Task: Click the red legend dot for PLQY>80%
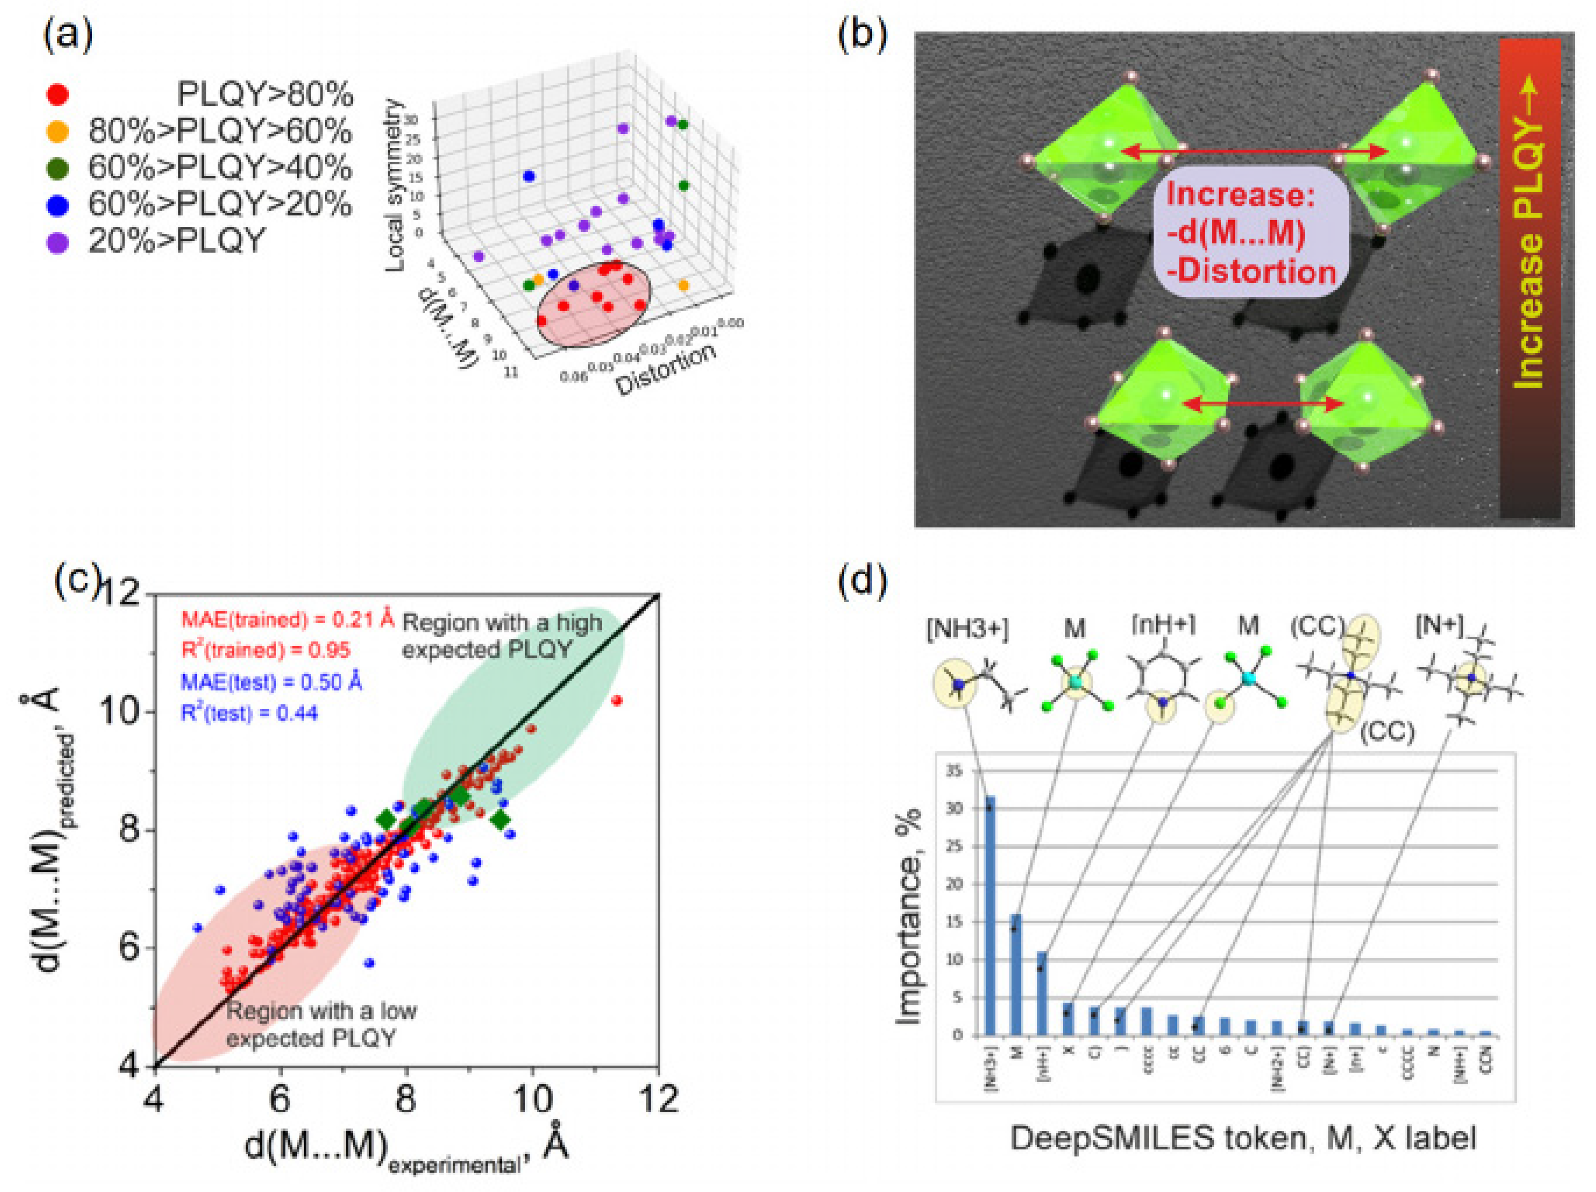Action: pos(57,94)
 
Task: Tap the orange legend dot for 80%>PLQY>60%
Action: pos(57,131)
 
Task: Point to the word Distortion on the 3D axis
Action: pos(665,369)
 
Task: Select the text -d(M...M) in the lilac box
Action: pos(1236,233)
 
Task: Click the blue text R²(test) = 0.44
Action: pos(249,713)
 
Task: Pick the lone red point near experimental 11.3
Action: pos(616,700)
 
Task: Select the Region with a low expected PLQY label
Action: pos(321,1024)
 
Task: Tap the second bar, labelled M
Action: pos(1016,974)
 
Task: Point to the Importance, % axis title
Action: pos(908,916)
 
